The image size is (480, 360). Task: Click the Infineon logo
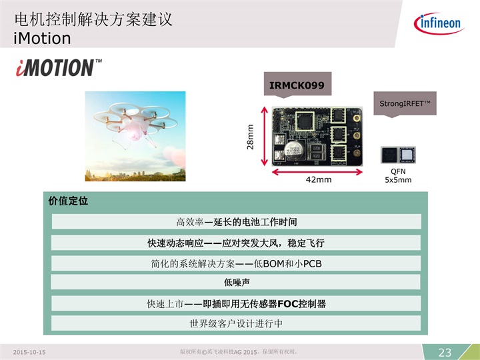click(x=439, y=23)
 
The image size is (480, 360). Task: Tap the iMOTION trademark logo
click(x=59, y=67)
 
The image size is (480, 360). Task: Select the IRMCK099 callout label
click(x=297, y=85)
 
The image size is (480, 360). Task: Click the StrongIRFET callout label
click(x=405, y=104)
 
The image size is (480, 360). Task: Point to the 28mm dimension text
click(x=251, y=137)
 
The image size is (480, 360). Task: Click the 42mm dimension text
click(x=319, y=179)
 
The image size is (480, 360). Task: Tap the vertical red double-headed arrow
click(x=265, y=136)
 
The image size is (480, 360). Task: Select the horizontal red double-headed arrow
click(x=317, y=173)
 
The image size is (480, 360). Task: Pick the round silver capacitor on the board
click(x=295, y=150)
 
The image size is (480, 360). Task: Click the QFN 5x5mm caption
click(x=398, y=175)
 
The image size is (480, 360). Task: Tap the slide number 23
click(x=445, y=353)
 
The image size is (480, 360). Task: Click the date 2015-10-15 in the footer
click(x=29, y=353)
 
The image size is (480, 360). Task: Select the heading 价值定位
click(x=68, y=201)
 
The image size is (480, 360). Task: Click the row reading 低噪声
click(x=236, y=282)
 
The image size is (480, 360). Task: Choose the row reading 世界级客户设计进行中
click(x=236, y=323)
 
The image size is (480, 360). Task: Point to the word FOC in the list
click(x=288, y=304)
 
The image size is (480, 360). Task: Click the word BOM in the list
click(x=274, y=263)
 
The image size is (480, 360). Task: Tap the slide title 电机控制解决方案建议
click(x=94, y=19)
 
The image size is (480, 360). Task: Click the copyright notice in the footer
click(x=239, y=352)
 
